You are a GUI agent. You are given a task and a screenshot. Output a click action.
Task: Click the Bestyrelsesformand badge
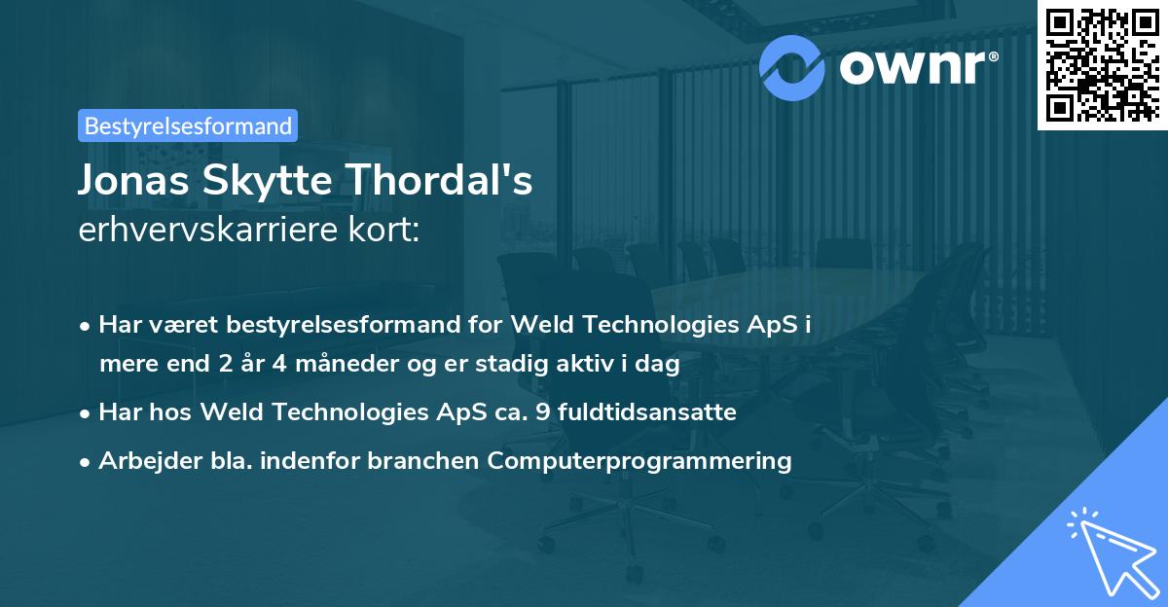(x=188, y=125)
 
